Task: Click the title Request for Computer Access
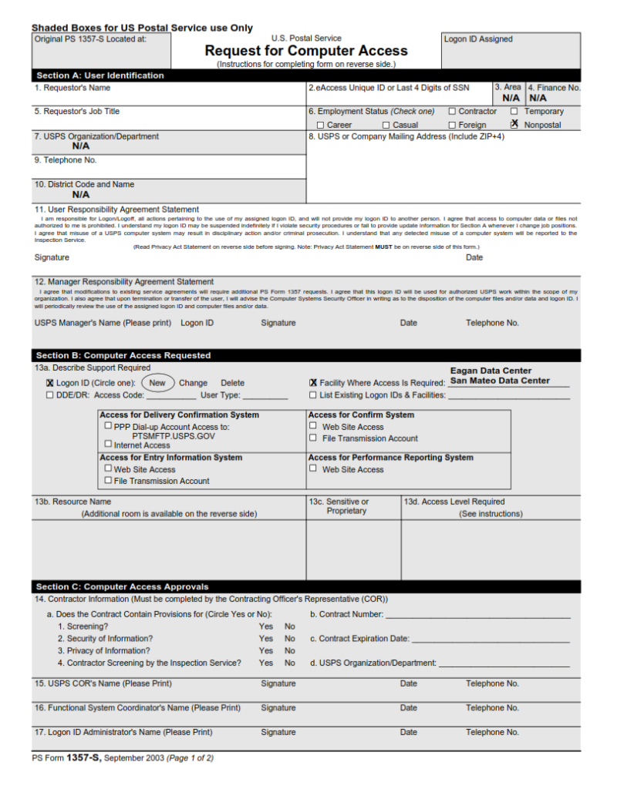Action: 305,51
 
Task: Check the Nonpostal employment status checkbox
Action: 514,124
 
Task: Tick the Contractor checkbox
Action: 452,112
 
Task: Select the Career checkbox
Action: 320,125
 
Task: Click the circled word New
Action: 157,383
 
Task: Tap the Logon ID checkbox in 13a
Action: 50,383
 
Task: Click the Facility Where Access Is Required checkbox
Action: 313,383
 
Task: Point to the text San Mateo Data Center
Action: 500,381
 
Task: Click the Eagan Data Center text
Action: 491,371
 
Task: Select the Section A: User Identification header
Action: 100,76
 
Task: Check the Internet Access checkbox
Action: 108,444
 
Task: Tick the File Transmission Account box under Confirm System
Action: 313,438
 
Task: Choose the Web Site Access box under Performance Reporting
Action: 313,468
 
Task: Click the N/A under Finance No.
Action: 538,99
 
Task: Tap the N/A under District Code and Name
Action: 81,195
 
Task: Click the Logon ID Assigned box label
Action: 478,39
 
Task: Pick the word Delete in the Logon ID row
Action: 232,383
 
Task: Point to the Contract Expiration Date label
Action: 359,639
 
